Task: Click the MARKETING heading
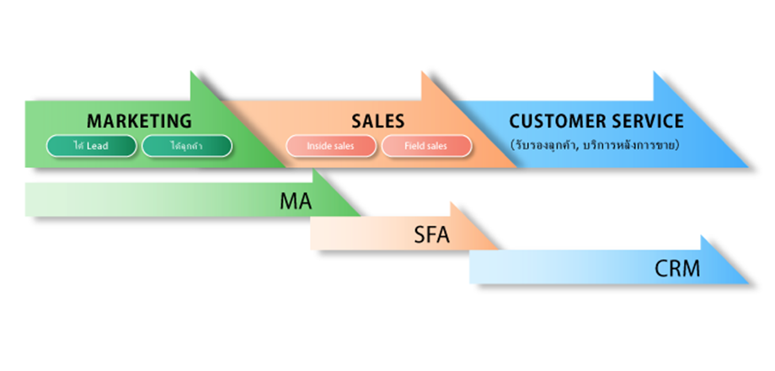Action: (x=139, y=121)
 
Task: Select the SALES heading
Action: (x=377, y=121)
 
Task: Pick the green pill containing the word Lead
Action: (x=91, y=146)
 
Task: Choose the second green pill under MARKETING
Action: (x=186, y=146)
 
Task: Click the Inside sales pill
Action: (x=330, y=146)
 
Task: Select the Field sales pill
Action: (x=425, y=146)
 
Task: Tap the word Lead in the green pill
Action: (x=99, y=146)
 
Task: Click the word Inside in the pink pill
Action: (x=318, y=146)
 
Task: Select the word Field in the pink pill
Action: (x=414, y=146)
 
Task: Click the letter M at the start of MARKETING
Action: (x=94, y=121)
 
